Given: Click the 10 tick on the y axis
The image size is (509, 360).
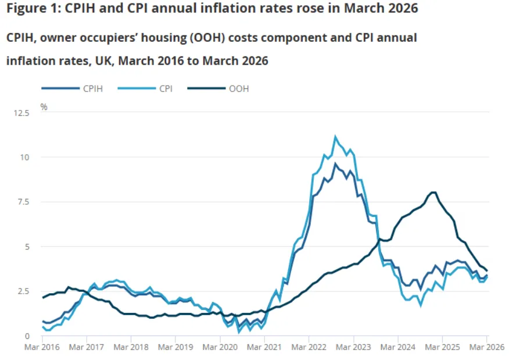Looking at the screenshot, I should [26, 157].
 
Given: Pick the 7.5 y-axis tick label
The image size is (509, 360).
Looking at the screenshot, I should [23, 202].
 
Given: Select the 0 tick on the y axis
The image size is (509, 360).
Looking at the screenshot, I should [27, 336].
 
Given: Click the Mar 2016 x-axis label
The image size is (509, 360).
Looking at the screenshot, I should [42, 347].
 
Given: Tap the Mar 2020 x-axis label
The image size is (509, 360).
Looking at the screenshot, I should [220, 347].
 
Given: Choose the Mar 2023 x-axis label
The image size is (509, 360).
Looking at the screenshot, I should [353, 347].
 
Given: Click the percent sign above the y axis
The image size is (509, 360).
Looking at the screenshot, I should [44, 106].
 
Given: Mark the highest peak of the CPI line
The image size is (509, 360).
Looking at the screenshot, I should [335, 137].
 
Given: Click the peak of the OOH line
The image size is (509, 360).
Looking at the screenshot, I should [433, 193].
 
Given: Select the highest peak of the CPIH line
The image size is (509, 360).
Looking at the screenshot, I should [335, 164].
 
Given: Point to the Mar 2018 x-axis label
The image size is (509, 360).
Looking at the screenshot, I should [131, 347].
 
